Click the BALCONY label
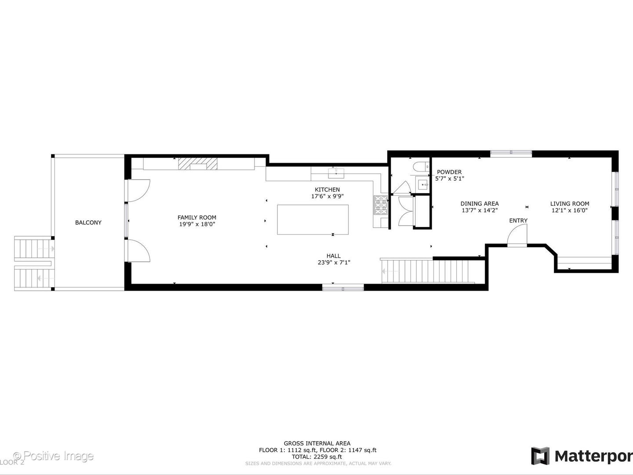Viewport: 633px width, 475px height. (x=88, y=223)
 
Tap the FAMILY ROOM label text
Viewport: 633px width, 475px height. (x=196, y=217)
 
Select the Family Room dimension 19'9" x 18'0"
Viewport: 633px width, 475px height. (x=196, y=224)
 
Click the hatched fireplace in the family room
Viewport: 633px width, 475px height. (x=198, y=164)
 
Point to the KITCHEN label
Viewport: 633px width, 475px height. (x=327, y=190)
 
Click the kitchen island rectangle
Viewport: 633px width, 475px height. (x=313, y=219)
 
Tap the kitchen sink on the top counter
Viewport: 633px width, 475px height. (x=336, y=172)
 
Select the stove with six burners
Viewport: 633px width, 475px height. (x=380, y=205)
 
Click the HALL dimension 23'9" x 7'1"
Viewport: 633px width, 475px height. (x=333, y=263)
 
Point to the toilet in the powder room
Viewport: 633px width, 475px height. (x=419, y=167)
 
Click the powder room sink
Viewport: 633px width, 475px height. (x=423, y=184)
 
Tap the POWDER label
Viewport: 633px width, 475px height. (x=449, y=172)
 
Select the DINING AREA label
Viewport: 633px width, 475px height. (x=479, y=204)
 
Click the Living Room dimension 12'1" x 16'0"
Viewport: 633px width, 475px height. (x=570, y=211)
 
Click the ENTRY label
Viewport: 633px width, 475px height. (x=518, y=220)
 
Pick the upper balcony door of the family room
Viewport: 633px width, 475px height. (x=139, y=190)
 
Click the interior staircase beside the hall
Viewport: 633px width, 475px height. (x=429, y=271)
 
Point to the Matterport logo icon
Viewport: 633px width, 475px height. (x=540, y=456)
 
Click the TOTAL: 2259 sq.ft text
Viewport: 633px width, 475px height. (x=317, y=457)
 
